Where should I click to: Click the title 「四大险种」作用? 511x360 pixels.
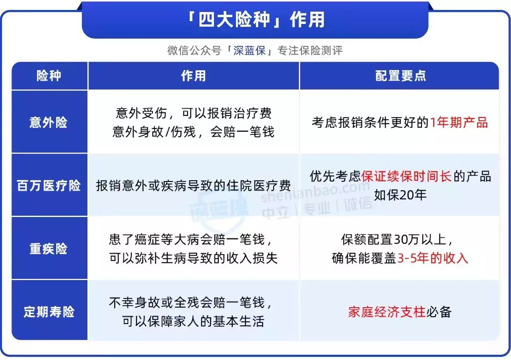[255, 20]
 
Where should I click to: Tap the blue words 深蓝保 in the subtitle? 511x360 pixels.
[250, 50]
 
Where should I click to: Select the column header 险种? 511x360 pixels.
[49, 76]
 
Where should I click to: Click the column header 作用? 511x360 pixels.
[194, 76]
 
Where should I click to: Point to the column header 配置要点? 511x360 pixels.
[400, 76]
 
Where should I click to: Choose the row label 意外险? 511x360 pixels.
[48, 122]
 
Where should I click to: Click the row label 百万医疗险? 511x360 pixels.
[49, 185]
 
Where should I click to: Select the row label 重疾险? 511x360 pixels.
[48, 249]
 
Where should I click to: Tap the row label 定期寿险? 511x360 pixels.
[49, 312]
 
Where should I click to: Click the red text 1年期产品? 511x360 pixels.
[459, 122]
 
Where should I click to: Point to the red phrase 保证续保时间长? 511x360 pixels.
[406, 176]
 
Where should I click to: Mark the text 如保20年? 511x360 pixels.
[400, 195]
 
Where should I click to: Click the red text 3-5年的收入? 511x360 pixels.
[432, 258]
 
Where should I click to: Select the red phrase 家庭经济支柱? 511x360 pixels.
[387, 312]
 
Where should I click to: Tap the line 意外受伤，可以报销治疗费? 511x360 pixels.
[194, 113]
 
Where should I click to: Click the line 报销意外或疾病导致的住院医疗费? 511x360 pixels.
[194, 185]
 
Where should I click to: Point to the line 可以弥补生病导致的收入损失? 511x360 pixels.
[194, 258]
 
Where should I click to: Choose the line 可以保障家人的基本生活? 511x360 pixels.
[194, 321]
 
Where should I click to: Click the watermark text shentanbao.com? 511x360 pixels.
[315, 192]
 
